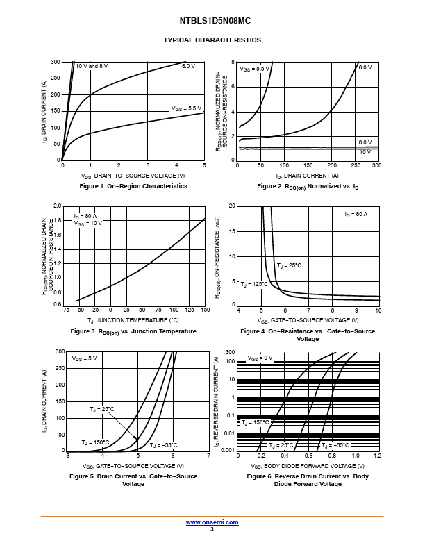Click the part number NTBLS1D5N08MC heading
click(x=215, y=21)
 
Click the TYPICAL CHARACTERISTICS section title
click(x=212, y=40)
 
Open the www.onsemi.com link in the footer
click(x=212, y=522)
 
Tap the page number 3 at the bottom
click(x=212, y=529)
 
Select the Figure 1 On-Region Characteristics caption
click(x=133, y=186)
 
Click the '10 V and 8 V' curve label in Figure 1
click(x=92, y=66)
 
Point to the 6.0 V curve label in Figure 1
click(x=188, y=66)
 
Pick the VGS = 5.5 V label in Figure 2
click(x=254, y=69)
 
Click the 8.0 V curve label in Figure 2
click(x=365, y=142)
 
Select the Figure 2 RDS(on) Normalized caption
click(x=308, y=186)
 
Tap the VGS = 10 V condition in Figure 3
click(x=87, y=223)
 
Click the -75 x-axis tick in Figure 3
click(x=65, y=310)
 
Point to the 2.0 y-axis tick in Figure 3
click(x=57, y=206)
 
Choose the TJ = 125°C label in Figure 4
click(x=254, y=284)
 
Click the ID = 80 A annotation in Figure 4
click(x=356, y=214)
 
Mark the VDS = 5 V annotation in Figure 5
click(x=84, y=358)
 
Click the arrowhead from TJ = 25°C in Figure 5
click(x=136, y=437)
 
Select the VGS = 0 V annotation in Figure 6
click(x=260, y=358)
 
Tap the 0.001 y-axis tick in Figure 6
click(x=228, y=451)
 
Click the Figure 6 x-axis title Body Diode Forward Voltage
click(x=308, y=466)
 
